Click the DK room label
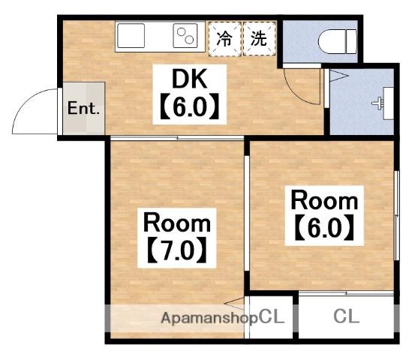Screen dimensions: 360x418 pos(189,78)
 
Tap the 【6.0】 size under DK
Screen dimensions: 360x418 pos(189,107)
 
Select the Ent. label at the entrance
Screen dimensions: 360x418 pos(83,108)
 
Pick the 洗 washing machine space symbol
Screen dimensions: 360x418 pos(258,38)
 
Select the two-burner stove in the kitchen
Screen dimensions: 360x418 pos(184,34)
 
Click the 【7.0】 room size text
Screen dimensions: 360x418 pos(178,248)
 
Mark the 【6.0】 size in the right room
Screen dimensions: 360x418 pos(324,226)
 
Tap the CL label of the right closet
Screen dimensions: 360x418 pos(346,316)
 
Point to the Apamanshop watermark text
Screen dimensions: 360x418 pos(209,317)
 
